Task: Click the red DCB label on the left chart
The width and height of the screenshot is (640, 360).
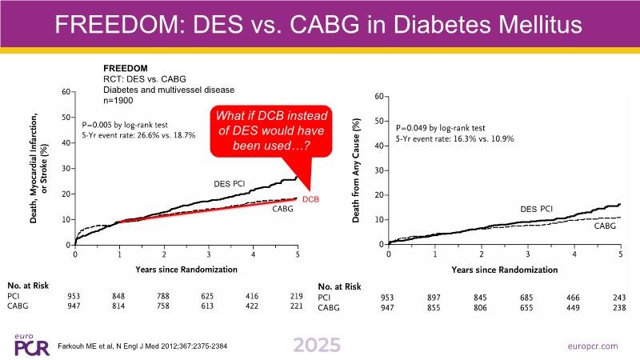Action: click(x=311, y=199)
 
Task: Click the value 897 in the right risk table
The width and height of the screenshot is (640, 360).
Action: click(x=435, y=295)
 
